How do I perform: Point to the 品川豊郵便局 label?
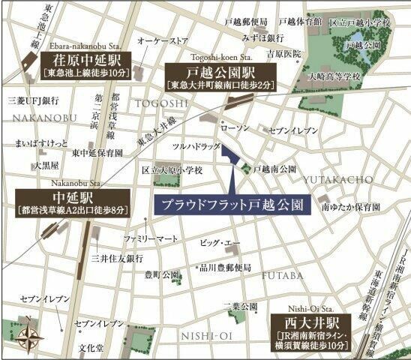coord(224,267)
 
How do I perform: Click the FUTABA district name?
coord(283,275)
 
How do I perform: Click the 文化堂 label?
coord(92,349)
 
